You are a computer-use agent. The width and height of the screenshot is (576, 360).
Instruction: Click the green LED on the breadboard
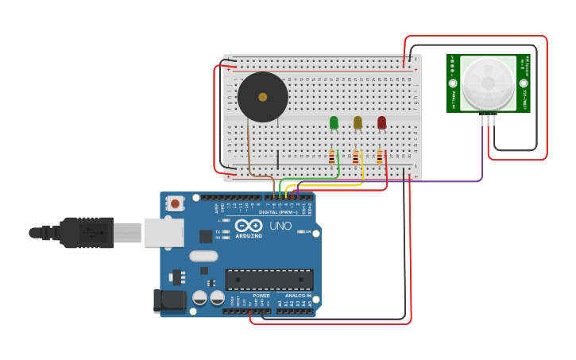click(x=334, y=122)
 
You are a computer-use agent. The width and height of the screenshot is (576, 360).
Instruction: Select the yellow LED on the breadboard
click(x=358, y=122)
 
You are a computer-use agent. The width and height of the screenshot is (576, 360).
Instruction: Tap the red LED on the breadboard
click(x=381, y=122)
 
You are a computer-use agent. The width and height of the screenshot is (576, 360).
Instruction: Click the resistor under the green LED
click(x=331, y=157)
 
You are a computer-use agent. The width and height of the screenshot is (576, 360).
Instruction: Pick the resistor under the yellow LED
click(x=355, y=157)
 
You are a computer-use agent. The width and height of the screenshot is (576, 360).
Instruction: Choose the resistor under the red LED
click(x=379, y=157)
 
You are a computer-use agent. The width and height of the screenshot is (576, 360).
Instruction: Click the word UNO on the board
click(x=280, y=226)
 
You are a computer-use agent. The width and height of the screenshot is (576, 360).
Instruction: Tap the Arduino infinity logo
click(x=248, y=226)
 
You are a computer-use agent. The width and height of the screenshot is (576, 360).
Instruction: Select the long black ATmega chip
click(x=269, y=279)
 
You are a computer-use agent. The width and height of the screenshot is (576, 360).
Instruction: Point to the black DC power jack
click(x=169, y=300)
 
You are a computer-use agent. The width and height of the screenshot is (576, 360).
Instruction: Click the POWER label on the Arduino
click(x=261, y=296)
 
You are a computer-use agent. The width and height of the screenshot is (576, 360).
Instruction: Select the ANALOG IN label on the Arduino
click(x=298, y=296)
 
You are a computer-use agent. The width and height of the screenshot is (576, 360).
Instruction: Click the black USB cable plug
click(x=86, y=233)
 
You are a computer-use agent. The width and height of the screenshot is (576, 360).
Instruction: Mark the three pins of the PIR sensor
click(x=489, y=119)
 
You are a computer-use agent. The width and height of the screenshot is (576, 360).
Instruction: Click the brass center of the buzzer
click(x=262, y=97)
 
